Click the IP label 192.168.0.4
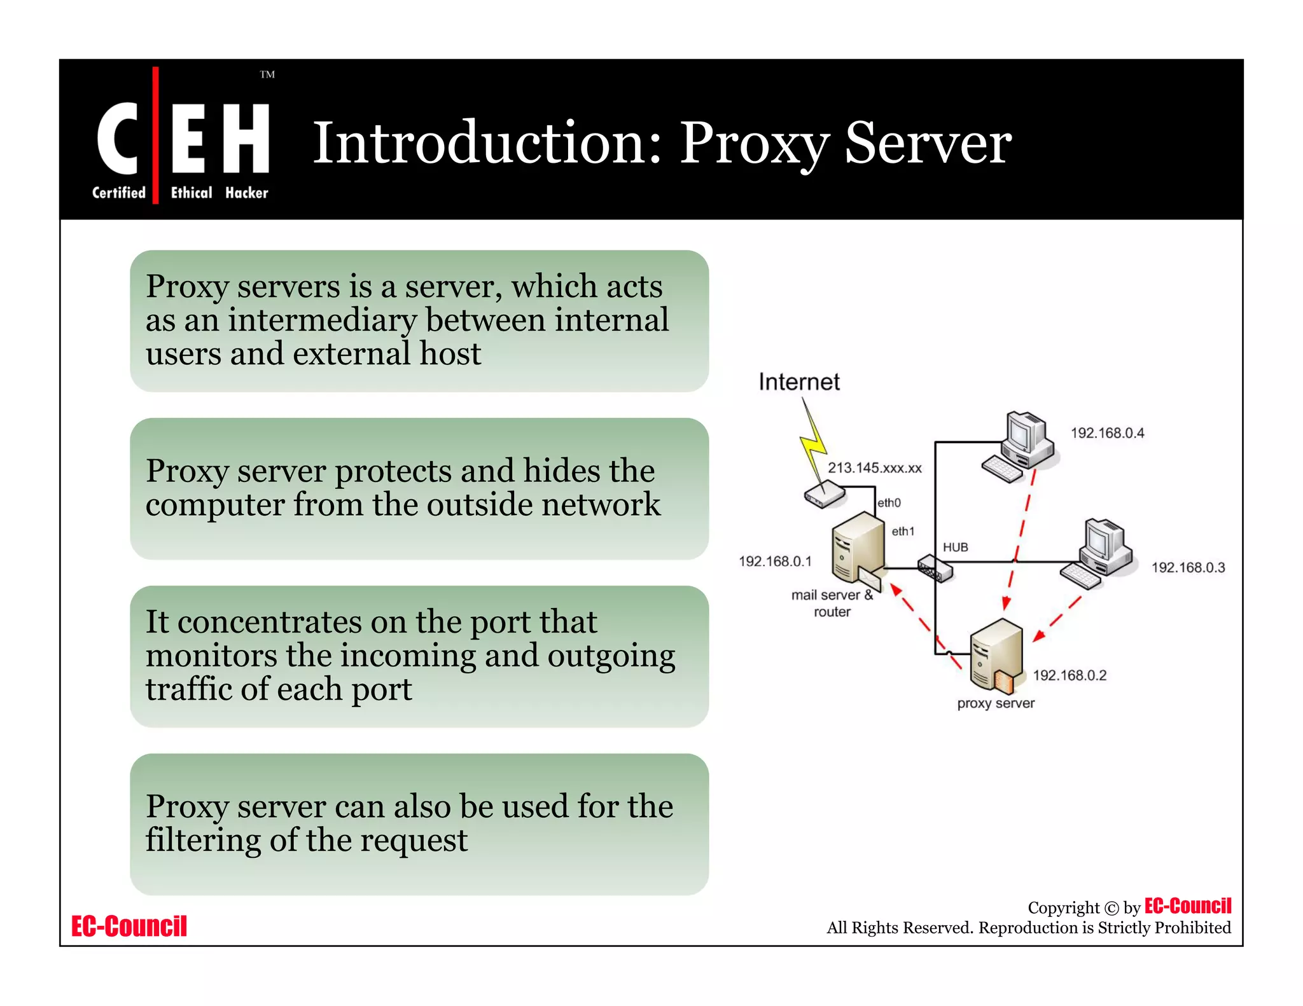pyautogui.click(x=1107, y=433)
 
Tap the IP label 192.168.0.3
pyautogui.click(x=1188, y=567)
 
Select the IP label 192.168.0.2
pyautogui.click(x=1070, y=675)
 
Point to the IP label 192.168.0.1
pyautogui.click(x=775, y=561)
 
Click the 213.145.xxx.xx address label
pyautogui.click(x=874, y=468)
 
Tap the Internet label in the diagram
pyautogui.click(x=799, y=382)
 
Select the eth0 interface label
pyautogui.click(x=889, y=503)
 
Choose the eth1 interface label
pyautogui.click(x=903, y=531)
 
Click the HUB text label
pyautogui.click(x=955, y=547)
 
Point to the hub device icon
pyautogui.click(x=935, y=568)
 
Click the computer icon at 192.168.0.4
pyautogui.click(x=1020, y=445)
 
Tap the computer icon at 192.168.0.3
pyautogui.click(x=1098, y=553)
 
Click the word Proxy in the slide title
pyautogui.click(x=755, y=143)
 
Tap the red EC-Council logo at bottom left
pyautogui.click(x=129, y=926)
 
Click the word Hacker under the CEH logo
pyautogui.click(x=247, y=193)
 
